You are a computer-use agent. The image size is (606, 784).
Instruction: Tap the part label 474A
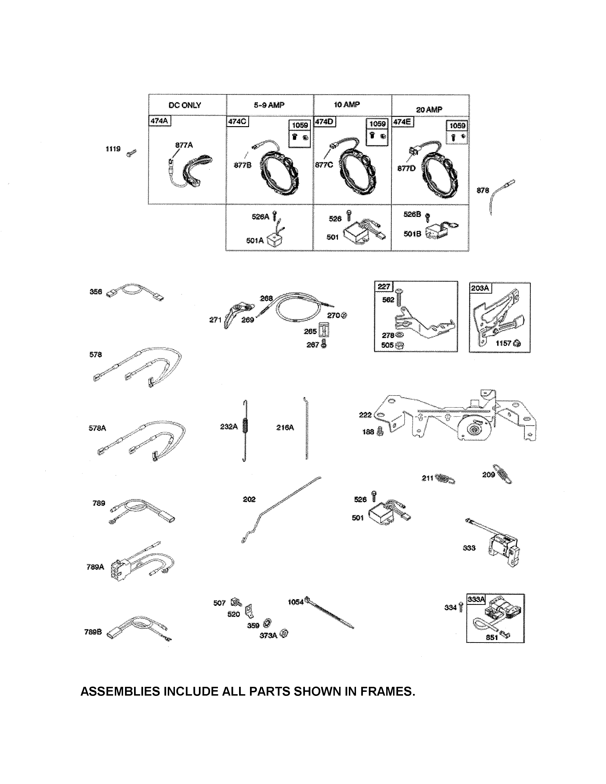point(159,121)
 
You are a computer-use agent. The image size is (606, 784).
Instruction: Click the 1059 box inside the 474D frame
point(377,132)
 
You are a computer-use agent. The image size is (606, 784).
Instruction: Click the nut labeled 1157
point(517,344)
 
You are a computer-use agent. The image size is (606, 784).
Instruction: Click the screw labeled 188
point(381,432)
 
